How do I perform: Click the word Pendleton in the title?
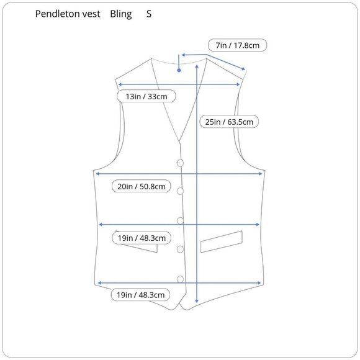click(57, 14)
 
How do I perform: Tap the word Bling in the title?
click(121, 14)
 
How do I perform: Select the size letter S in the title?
click(149, 14)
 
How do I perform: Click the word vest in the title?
click(91, 14)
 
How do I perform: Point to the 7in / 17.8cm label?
click(237, 45)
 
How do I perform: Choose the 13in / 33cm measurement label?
click(146, 96)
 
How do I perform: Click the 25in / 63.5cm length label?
click(229, 122)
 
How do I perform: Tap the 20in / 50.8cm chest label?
click(142, 186)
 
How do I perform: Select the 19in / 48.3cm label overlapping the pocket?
click(142, 238)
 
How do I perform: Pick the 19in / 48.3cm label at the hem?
click(140, 295)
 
